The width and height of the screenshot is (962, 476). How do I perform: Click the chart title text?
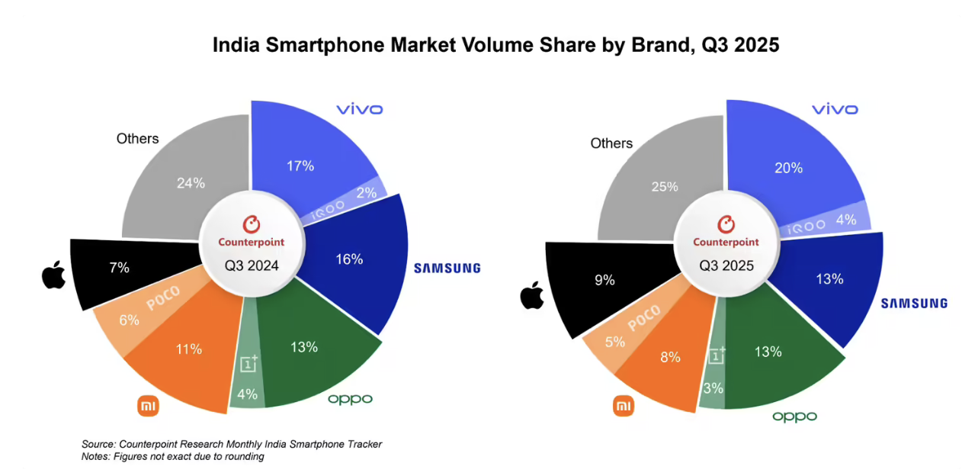tap(495, 45)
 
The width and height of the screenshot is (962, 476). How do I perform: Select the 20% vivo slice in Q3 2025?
tap(787, 168)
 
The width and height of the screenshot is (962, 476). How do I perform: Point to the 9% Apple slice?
tap(604, 281)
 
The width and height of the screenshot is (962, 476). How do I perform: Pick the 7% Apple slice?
tap(119, 268)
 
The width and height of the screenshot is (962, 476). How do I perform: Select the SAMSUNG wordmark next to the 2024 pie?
tap(447, 269)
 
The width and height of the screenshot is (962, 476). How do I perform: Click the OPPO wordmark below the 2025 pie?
tap(794, 416)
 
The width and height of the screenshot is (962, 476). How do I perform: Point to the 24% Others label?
tap(190, 183)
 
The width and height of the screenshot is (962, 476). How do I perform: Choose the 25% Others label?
tap(664, 187)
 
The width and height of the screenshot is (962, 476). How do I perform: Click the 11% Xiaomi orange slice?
tap(188, 349)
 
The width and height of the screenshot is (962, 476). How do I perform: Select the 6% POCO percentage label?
tap(129, 320)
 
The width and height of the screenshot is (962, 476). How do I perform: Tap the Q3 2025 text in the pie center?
tap(726, 266)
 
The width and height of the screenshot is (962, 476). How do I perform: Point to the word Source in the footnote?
tap(98, 444)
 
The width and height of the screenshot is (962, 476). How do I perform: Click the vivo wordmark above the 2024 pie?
tap(359, 110)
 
